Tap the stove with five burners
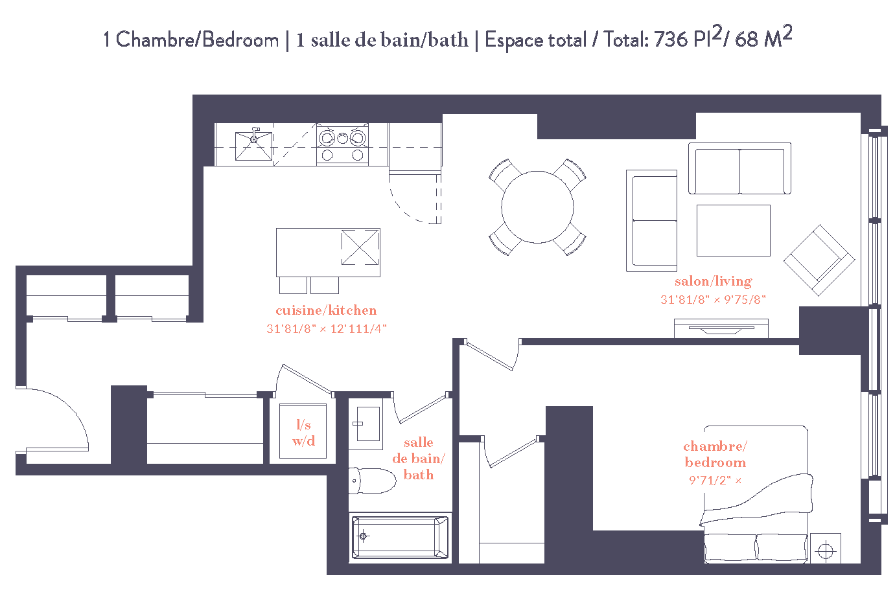coord(342,145)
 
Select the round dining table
coord(537,207)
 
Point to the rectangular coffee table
coord(733,231)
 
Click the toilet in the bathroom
coord(373,481)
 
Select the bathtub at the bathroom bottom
coord(400,536)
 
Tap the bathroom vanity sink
coord(366,425)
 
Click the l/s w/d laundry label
coord(303,433)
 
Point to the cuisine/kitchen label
coord(326,310)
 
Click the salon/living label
coord(713,281)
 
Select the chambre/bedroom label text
coord(715,454)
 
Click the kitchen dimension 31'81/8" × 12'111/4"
coord(326,329)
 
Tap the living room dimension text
coord(713,300)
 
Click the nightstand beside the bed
coord(825,549)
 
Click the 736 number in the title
coord(670,40)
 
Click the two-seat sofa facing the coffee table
coord(739,168)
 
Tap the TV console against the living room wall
coord(721,328)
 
